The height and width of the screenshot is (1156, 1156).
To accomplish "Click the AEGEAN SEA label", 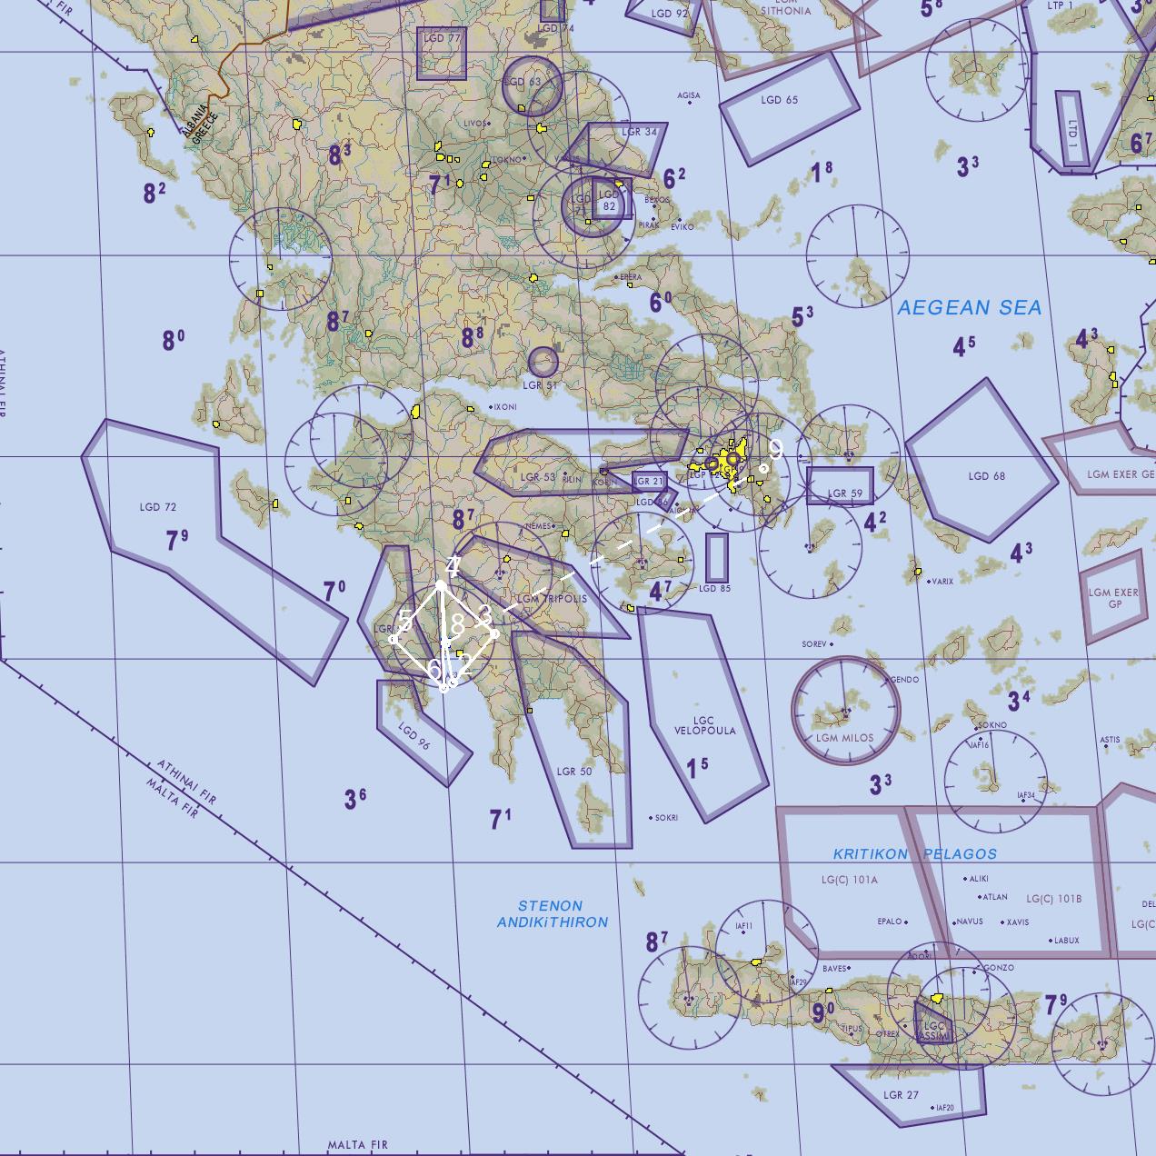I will tap(969, 308).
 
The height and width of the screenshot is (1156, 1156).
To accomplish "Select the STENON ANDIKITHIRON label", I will tap(552, 913).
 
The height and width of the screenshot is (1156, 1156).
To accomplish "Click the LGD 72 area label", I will tap(158, 507).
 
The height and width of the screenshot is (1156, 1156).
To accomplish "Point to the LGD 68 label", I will tap(986, 475).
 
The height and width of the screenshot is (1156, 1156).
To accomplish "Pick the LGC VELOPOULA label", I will tap(705, 725).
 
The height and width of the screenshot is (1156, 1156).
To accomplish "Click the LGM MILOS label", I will tap(844, 738).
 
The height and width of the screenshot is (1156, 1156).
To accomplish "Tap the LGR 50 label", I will tap(573, 772).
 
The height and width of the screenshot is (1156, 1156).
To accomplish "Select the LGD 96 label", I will tap(414, 736).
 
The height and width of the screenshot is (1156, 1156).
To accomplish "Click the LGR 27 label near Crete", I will tap(901, 1095).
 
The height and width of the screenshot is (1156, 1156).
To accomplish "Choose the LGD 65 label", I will tap(780, 100).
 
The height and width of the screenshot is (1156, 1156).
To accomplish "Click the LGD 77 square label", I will tap(442, 39).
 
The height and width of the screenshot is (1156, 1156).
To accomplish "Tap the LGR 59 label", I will tap(844, 493).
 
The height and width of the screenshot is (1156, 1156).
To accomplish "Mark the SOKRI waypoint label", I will tap(666, 818).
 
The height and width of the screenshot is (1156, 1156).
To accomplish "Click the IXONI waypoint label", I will tap(504, 407).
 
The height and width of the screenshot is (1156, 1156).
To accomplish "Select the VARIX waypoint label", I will tap(942, 581).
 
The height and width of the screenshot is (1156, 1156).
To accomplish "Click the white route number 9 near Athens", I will tap(775, 447).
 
